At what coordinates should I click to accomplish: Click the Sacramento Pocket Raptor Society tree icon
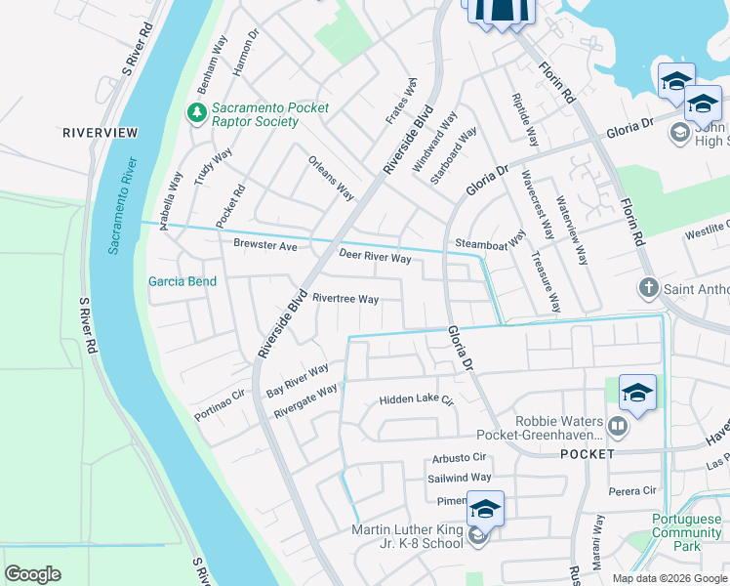(197, 114)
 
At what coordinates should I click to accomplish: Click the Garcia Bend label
(182, 281)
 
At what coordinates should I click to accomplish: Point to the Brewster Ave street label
(264, 246)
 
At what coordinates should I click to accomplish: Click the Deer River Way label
(375, 258)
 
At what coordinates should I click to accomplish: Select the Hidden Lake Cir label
(417, 400)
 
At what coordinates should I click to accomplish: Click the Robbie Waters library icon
(616, 426)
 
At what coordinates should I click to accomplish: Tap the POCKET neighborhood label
(587, 454)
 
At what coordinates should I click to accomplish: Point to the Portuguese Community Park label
(687, 533)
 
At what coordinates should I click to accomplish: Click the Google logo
(32, 574)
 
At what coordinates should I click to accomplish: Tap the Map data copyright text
(669, 578)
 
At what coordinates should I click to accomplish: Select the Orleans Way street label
(331, 178)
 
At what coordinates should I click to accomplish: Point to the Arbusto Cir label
(458, 457)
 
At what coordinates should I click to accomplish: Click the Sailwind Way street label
(460, 478)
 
